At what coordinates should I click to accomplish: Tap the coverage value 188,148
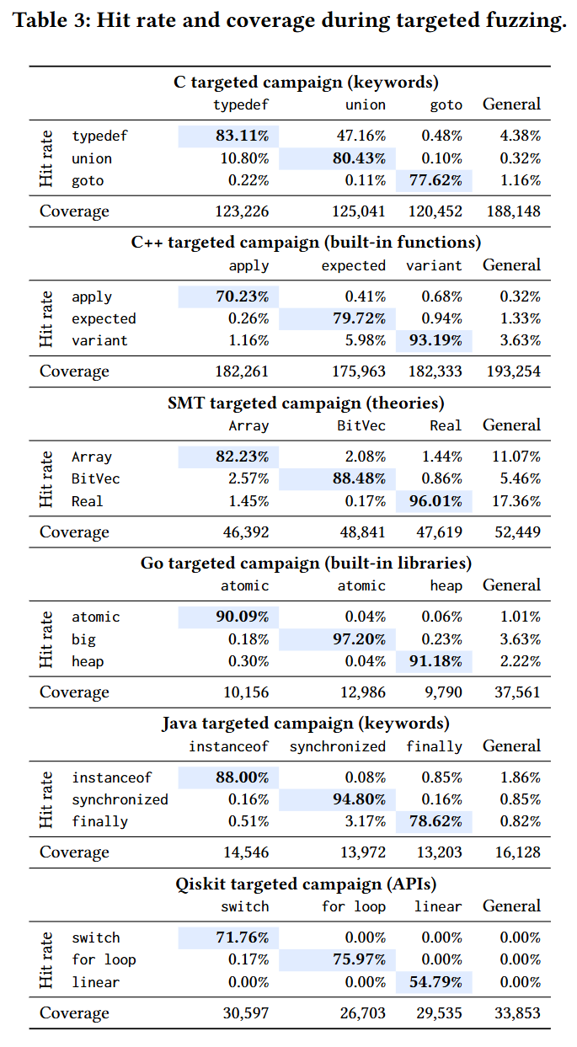(x=514, y=211)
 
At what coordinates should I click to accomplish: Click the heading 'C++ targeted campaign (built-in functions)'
(x=306, y=242)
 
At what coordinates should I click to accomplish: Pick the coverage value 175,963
(x=359, y=371)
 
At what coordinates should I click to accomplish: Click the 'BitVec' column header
(x=361, y=425)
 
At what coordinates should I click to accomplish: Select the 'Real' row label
(x=87, y=501)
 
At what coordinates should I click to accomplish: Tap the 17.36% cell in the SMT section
(x=516, y=501)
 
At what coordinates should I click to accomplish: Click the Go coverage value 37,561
(x=518, y=692)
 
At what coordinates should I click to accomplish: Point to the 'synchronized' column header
(x=338, y=746)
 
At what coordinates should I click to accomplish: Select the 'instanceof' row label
(x=112, y=777)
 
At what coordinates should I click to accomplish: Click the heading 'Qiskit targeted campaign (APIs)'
(x=306, y=884)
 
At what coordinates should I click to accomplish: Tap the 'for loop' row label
(x=104, y=959)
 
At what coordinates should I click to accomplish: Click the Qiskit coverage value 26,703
(x=363, y=1012)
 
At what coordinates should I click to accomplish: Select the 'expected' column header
(x=354, y=265)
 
